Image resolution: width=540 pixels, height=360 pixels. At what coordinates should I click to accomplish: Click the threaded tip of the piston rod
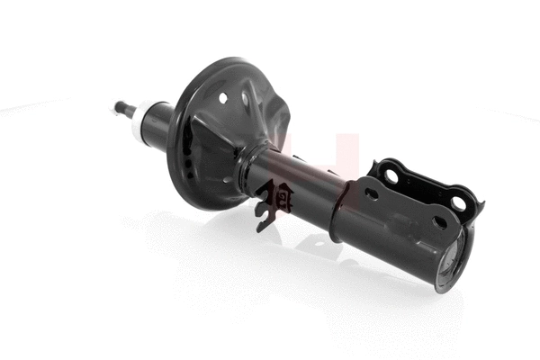[120, 108]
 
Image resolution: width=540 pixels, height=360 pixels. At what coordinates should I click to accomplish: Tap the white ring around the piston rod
[141, 125]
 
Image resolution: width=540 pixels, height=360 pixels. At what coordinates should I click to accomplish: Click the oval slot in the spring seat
[245, 98]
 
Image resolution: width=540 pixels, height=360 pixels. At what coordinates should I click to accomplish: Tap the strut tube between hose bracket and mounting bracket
[306, 184]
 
